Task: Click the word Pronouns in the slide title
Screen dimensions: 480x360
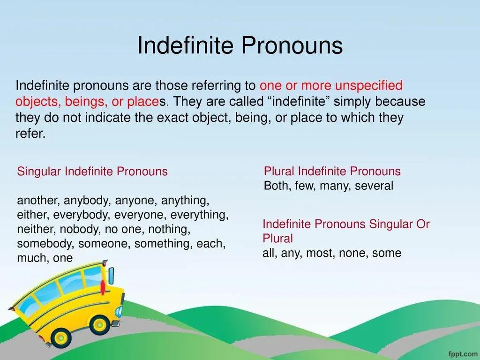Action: pos(292,45)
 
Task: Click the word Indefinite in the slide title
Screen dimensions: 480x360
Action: pos(185,45)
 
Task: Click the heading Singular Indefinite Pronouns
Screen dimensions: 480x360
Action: pos(92,172)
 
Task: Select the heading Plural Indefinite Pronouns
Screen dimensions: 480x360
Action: pos(332,171)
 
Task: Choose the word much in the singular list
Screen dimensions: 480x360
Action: pos(31,258)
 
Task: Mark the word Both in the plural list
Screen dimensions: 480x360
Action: pos(277,186)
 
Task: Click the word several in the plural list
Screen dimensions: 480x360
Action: pos(374,186)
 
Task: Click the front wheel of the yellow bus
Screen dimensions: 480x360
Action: pos(100,325)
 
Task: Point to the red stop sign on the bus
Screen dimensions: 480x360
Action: pos(103,287)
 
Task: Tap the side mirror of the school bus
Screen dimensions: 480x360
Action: pos(111,276)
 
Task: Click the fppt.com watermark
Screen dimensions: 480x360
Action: pos(463,354)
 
